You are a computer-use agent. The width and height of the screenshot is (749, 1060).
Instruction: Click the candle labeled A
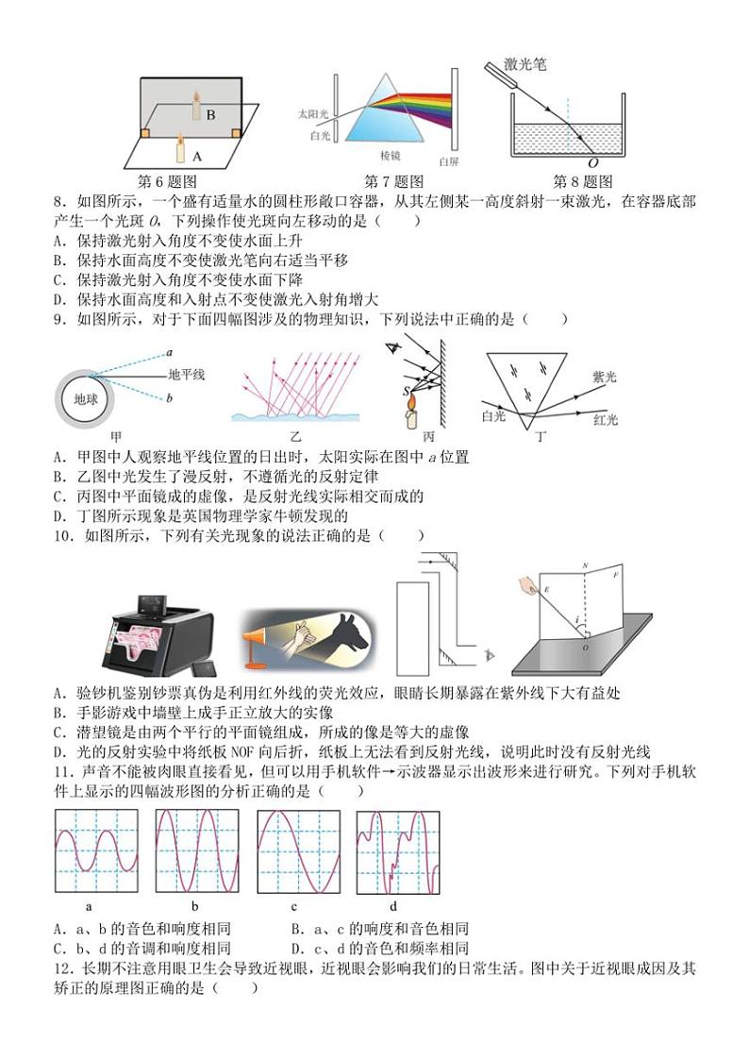[x=179, y=148]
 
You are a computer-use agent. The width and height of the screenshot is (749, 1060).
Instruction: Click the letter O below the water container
[x=592, y=163]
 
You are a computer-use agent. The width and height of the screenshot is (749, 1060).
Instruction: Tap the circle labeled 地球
[x=86, y=398]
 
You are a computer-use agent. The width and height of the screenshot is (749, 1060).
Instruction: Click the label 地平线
[x=187, y=375]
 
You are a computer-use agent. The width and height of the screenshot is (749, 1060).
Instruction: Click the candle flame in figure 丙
[x=412, y=408]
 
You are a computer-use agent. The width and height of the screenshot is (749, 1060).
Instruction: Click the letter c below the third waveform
[x=294, y=907]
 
